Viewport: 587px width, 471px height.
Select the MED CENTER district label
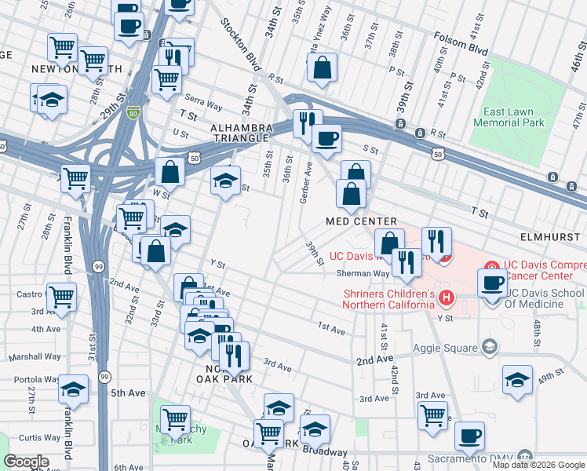click(x=362, y=222)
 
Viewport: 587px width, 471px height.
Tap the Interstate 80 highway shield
click(x=134, y=114)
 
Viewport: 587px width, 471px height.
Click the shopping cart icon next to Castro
click(x=61, y=297)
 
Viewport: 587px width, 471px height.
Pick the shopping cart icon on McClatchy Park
click(x=175, y=418)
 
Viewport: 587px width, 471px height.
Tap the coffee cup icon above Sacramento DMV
click(x=469, y=435)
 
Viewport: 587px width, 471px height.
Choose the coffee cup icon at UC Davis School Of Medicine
click(x=492, y=282)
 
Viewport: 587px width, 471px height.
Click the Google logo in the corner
click(x=26, y=462)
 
